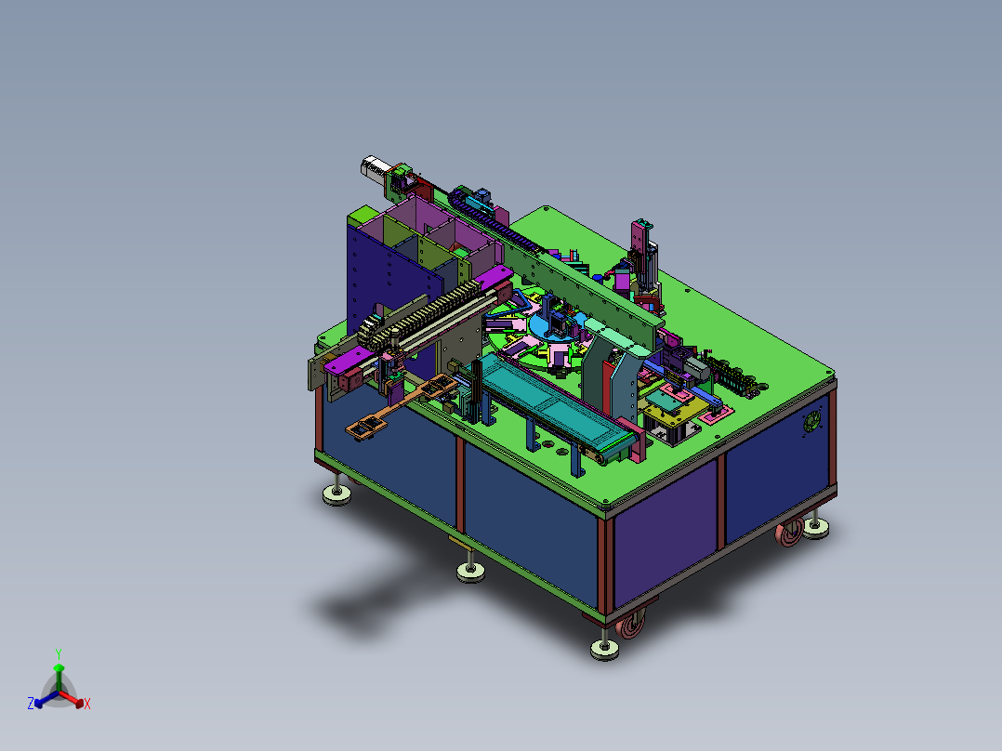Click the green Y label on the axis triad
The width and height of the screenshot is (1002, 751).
[x=59, y=653]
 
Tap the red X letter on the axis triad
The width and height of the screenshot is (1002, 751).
[x=87, y=704]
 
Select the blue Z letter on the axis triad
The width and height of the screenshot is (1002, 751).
[x=31, y=704]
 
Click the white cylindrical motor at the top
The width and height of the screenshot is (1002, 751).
[x=374, y=167]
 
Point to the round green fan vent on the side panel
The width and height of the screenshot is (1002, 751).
[x=811, y=421]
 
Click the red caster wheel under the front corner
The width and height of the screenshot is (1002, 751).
[x=631, y=623]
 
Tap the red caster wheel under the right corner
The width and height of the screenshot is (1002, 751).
[x=790, y=534]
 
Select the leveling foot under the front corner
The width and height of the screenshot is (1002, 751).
[x=604, y=647]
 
